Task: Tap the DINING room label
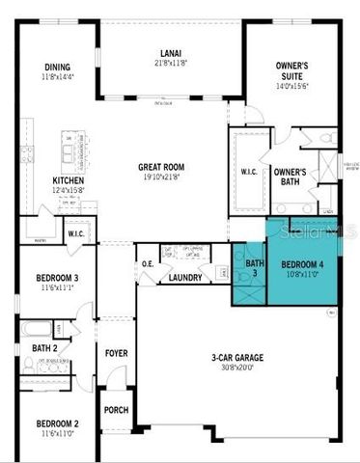(57, 67)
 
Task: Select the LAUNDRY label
(184, 278)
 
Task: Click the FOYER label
(117, 353)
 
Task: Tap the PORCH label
(117, 410)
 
